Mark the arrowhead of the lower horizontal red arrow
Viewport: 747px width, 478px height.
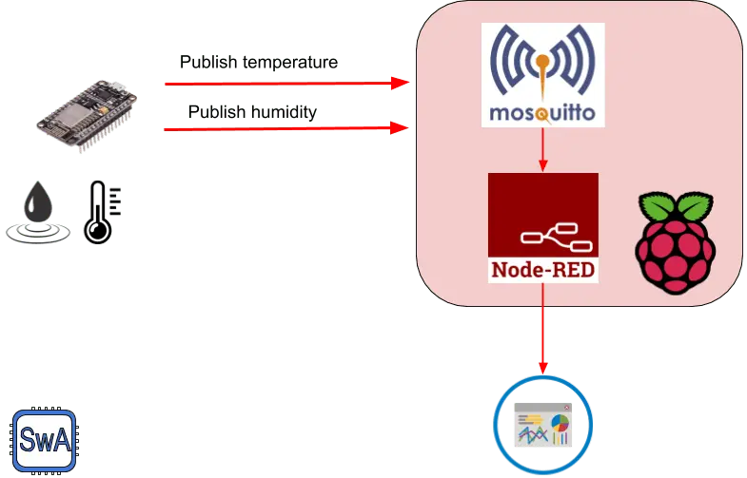[x=403, y=125]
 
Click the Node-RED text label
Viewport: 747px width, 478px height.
[x=542, y=269]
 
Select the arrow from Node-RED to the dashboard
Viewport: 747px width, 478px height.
[x=542, y=333]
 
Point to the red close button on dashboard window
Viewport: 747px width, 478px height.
[x=567, y=404]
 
